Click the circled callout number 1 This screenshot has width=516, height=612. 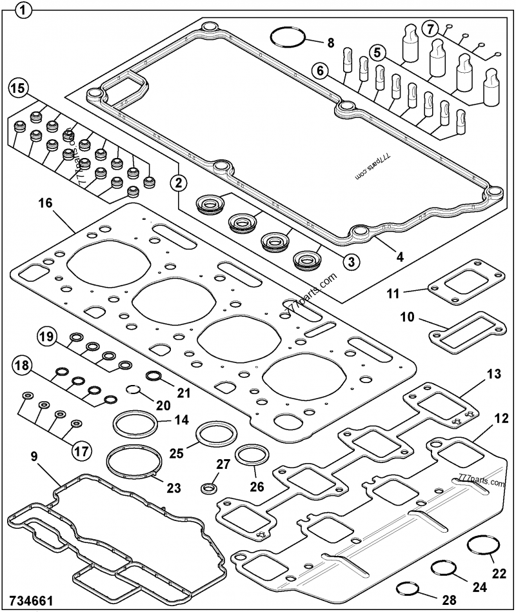coord(23,10)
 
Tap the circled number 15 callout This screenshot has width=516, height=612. coord(17,88)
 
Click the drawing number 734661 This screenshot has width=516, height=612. coord(31,600)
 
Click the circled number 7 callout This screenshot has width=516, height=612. coord(430,29)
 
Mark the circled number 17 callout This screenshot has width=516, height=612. coord(81,451)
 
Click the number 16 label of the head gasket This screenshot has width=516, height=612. coord(45,204)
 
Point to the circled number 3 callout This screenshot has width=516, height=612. coord(352,261)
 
